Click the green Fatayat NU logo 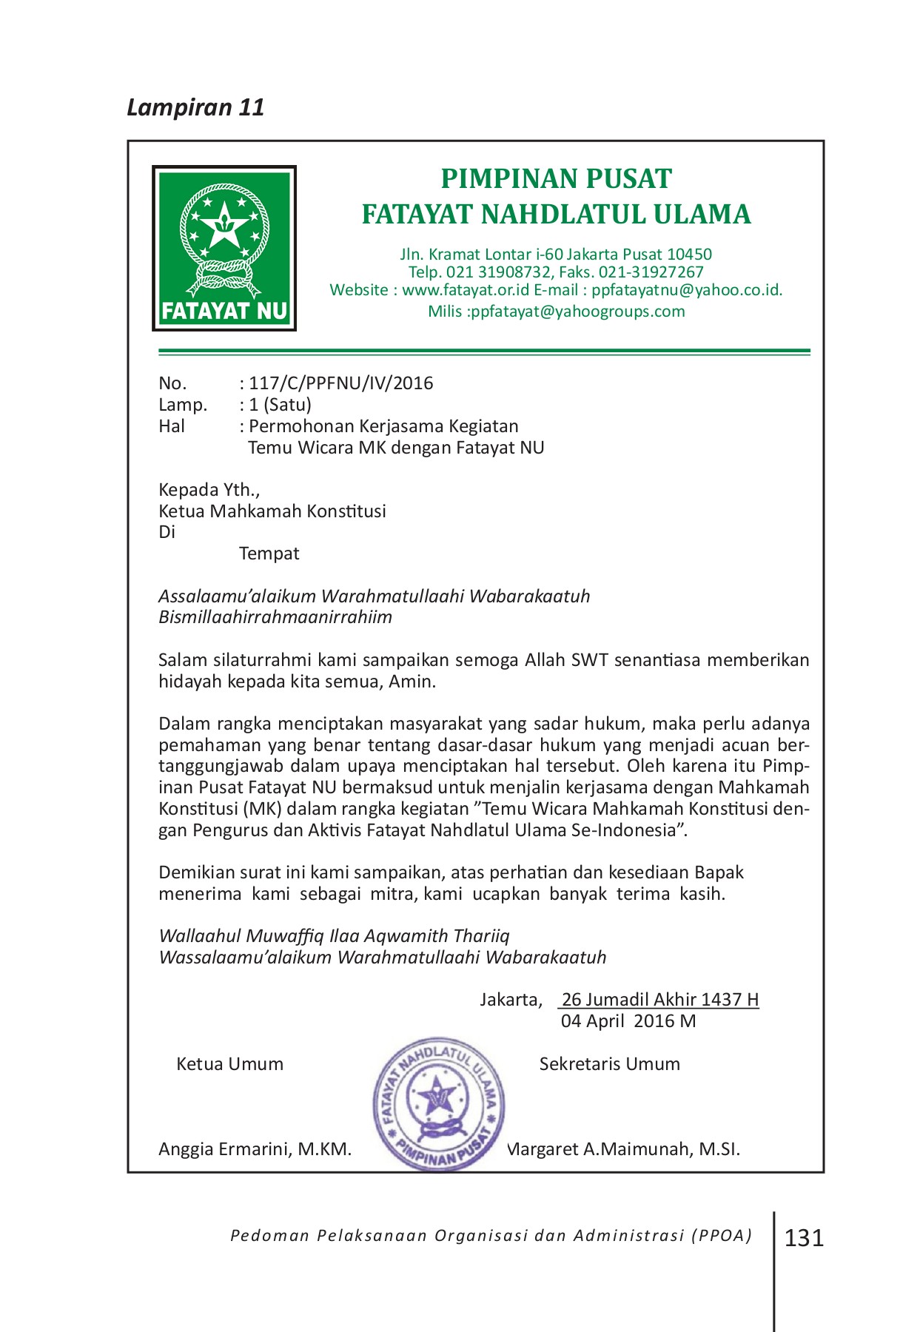tap(224, 248)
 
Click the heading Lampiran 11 tap(195, 107)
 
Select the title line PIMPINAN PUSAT tap(556, 179)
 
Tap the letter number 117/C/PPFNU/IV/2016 tap(340, 383)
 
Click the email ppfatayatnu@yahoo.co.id tap(686, 290)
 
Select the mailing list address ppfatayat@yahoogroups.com tap(577, 312)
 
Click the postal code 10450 tap(689, 255)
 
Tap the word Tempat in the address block tap(269, 554)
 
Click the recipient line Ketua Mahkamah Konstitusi tap(272, 511)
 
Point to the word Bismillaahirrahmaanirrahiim tap(275, 617)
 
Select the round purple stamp tap(438, 1103)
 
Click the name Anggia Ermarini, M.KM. tap(255, 1149)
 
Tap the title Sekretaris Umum tap(609, 1064)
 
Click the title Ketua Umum tap(229, 1064)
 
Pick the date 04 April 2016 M tap(628, 1021)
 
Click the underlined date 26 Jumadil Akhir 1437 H tap(660, 1000)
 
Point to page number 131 tap(804, 1237)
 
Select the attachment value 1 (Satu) tap(280, 405)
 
